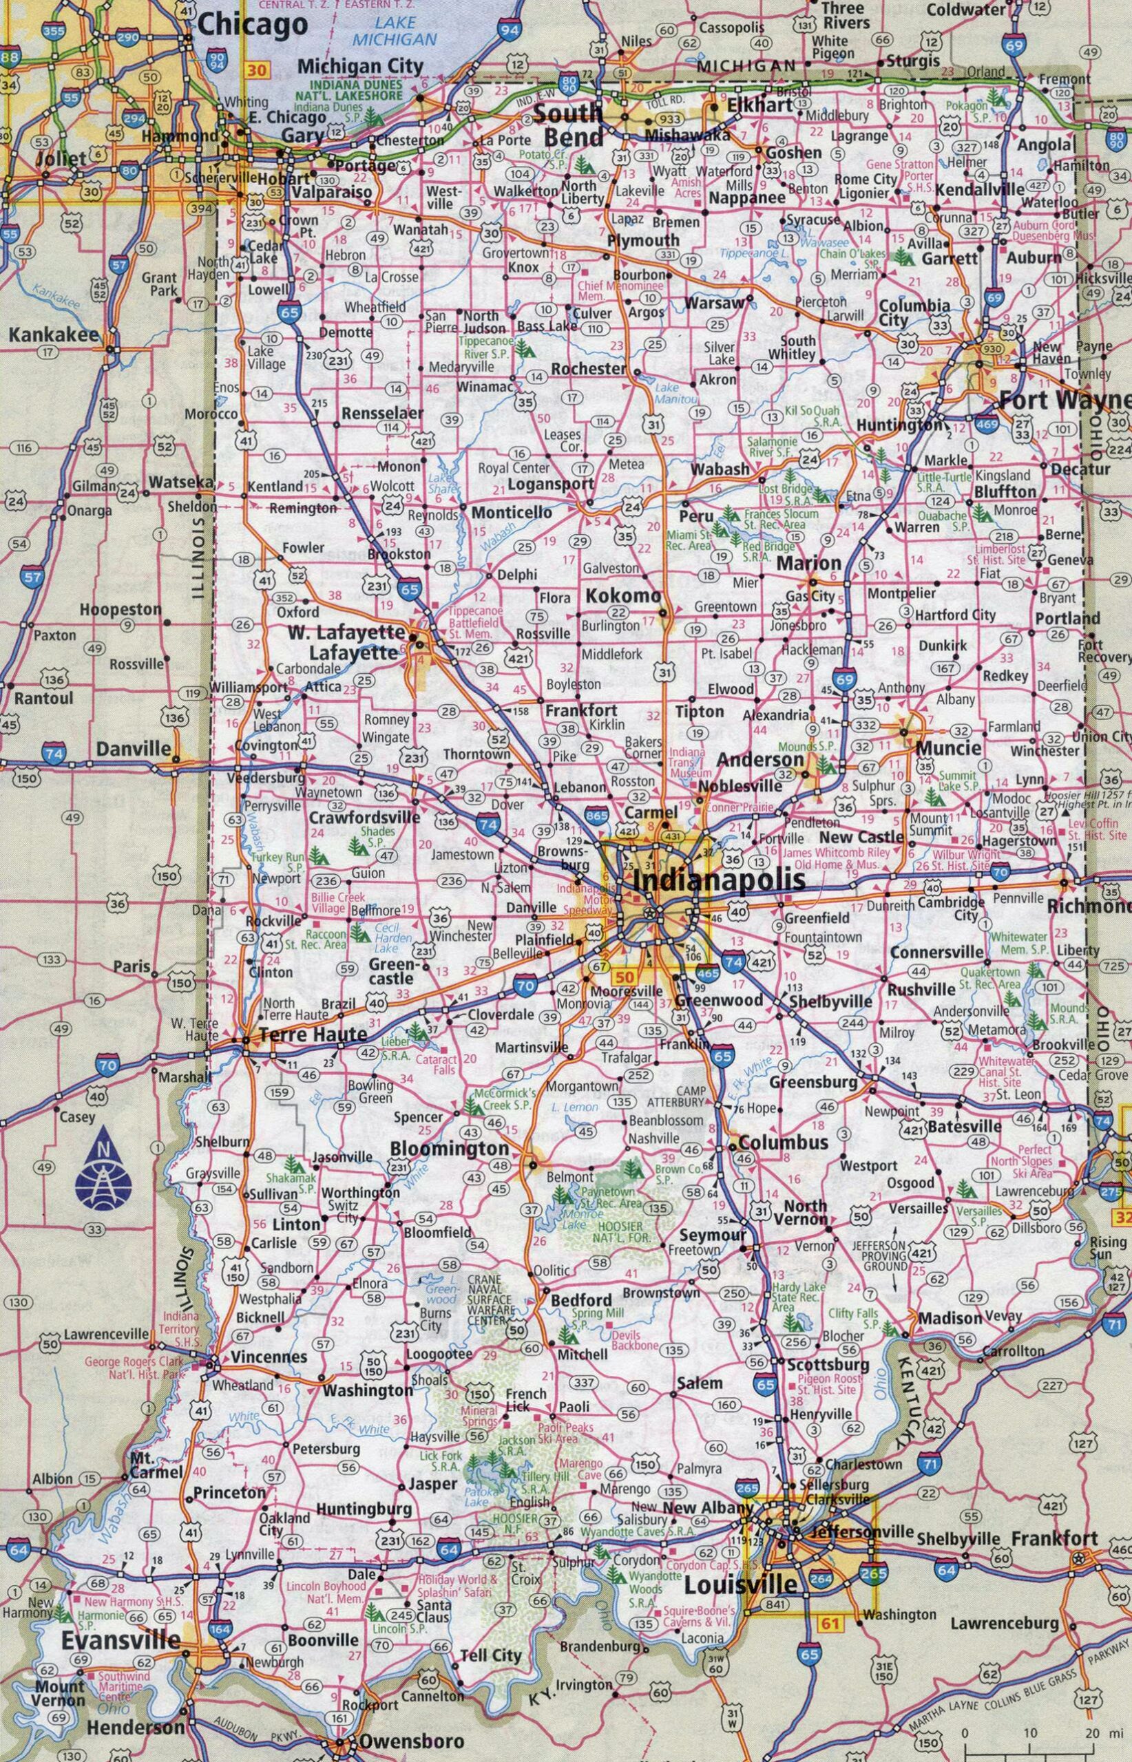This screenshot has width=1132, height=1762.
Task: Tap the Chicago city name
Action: tap(253, 24)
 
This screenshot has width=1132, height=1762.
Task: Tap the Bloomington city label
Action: tap(449, 1148)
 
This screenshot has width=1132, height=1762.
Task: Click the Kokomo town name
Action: tap(622, 597)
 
